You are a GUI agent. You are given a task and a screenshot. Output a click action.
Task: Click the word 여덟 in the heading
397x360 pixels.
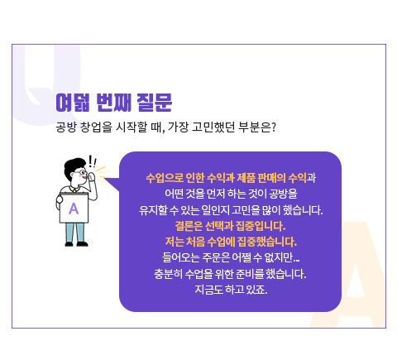(x=73, y=103)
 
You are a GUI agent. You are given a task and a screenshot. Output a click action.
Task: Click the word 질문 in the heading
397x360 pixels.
(x=155, y=103)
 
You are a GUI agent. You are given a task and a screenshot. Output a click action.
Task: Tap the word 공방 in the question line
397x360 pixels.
(x=65, y=127)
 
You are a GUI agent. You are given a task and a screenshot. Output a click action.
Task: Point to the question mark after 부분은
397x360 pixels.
(x=273, y=127)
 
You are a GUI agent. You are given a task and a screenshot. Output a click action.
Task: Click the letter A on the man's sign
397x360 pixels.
(x=74, y=209)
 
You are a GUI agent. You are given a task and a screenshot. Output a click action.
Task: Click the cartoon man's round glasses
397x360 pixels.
(x=82, y=174)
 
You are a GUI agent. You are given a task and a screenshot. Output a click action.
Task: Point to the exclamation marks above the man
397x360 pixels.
(x=93, y=161)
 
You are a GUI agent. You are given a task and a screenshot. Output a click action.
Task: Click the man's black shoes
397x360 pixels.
(x=76, y=244)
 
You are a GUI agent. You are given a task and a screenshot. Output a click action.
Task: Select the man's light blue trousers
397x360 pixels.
(x=75, y=233)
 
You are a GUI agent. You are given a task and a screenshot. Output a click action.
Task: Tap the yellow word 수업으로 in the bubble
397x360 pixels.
(x=165, y=178)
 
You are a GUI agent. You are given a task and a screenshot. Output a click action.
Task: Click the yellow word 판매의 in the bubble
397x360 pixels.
(x=271, y=178)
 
